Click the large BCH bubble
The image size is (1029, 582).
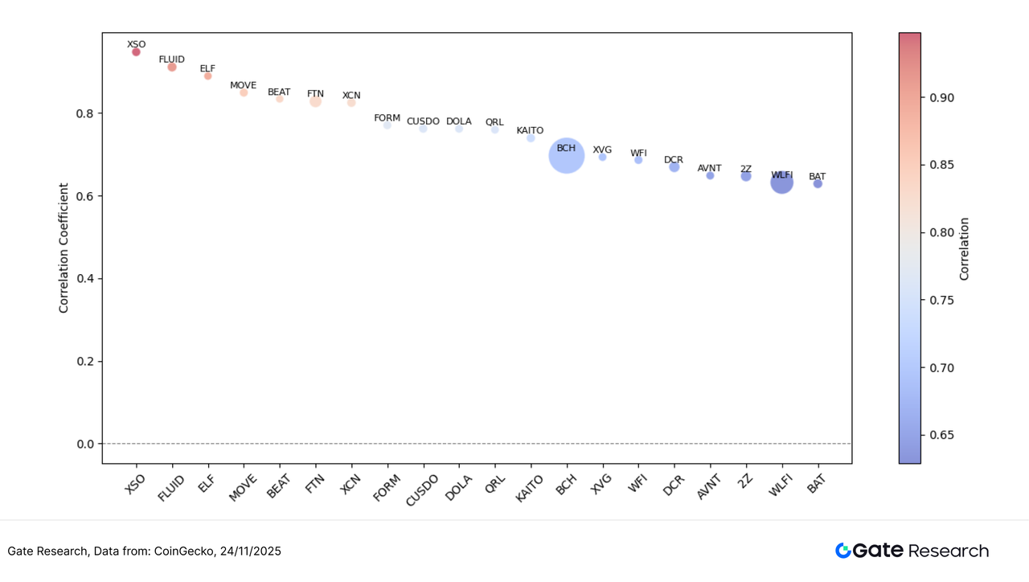pyautogui.click(x=566, y=156)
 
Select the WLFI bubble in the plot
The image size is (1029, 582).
pyautogui.click(x=781, y=183)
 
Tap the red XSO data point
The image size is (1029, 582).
pyautogui.click(x=136, y=52)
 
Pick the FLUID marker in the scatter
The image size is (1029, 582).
pyautogui.click(x=172, y=68)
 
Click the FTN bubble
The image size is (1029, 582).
pyautogui.click(x=315, y=101)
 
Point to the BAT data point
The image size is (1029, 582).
pyautogui.click(x=818, y=184)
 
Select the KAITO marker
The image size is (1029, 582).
pyautogui.click(x=531, y=138)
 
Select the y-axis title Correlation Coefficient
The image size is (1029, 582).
pyautogui.click(x=64, y=248)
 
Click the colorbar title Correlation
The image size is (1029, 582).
pyautogui.click(x=964, y=248)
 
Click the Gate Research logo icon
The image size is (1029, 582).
pyautogui.click(x=842, y=551)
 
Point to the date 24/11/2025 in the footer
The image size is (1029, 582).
pyautogui.click(x=250, y=551)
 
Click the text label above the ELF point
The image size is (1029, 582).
pyautogui.click(x=207, y=68)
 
